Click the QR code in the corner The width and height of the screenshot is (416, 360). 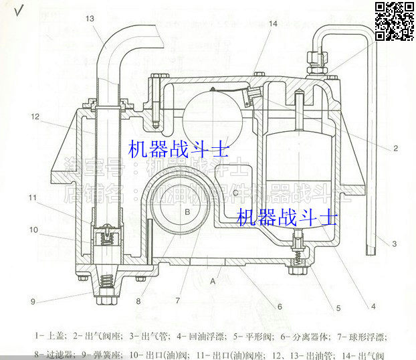coord(395,21)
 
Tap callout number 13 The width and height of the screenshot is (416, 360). coord(90,19)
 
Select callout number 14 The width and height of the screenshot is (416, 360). coord(274,23)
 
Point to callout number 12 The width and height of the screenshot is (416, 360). coord(34,116)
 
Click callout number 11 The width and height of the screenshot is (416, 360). coord(33,197)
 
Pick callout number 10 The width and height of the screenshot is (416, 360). coord(33,230)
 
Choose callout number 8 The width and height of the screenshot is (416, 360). coord(138,301)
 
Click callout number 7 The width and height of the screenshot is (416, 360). coord(178,301)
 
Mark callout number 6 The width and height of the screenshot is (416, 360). coord(280,306)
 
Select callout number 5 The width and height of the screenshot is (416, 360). coord(338,308)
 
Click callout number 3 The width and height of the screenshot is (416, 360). coord(395,244)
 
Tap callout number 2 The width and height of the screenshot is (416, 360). coord(396,147)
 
